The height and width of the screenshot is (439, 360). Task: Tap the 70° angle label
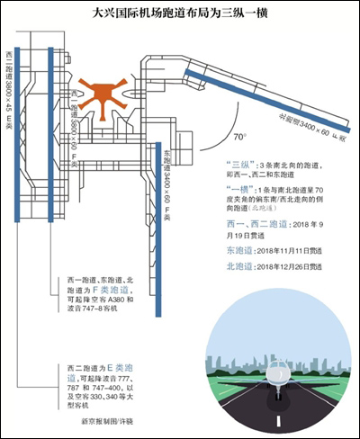tap(238, 139)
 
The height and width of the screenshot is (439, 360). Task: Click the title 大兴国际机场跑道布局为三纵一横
tap(180, 14)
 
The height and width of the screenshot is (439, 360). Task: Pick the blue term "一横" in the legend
tap(238, 192)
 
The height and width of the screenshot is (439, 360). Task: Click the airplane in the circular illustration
tap(278, 379)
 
